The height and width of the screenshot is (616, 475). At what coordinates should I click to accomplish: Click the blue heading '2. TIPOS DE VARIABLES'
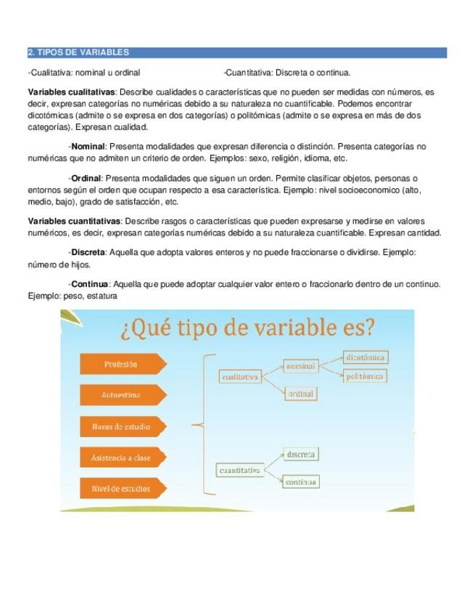tap(78, 52)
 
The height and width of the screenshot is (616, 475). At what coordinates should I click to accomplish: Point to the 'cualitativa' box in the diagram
tap(240, 377)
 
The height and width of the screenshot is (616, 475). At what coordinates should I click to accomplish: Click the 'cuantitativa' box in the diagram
tap(240, 471)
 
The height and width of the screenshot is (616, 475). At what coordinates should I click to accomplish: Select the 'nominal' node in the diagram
tap(301, 366)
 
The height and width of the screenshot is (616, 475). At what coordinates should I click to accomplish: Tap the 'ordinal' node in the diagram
tap(301, 394)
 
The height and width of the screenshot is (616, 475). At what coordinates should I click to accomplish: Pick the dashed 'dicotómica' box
tap(365, 357)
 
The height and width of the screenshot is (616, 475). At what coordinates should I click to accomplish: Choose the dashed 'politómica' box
tap(365, 376)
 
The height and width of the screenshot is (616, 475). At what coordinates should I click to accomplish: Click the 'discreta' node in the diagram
tap(300, 455)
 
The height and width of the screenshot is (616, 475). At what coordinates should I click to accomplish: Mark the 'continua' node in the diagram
tap(300, 482)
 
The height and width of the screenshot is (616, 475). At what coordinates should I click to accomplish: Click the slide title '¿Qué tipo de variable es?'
tap(248, 328)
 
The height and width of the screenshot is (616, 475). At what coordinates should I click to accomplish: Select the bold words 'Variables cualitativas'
tap(71, 92)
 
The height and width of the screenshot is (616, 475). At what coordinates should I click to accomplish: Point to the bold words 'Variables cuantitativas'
tap(74, 221)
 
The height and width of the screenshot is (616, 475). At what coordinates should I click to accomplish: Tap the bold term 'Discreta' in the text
tap(88, 252)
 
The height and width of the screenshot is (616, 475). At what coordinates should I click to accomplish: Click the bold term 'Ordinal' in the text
tap(86, 178)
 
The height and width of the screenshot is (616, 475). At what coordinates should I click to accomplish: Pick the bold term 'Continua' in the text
tap(89, 284)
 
